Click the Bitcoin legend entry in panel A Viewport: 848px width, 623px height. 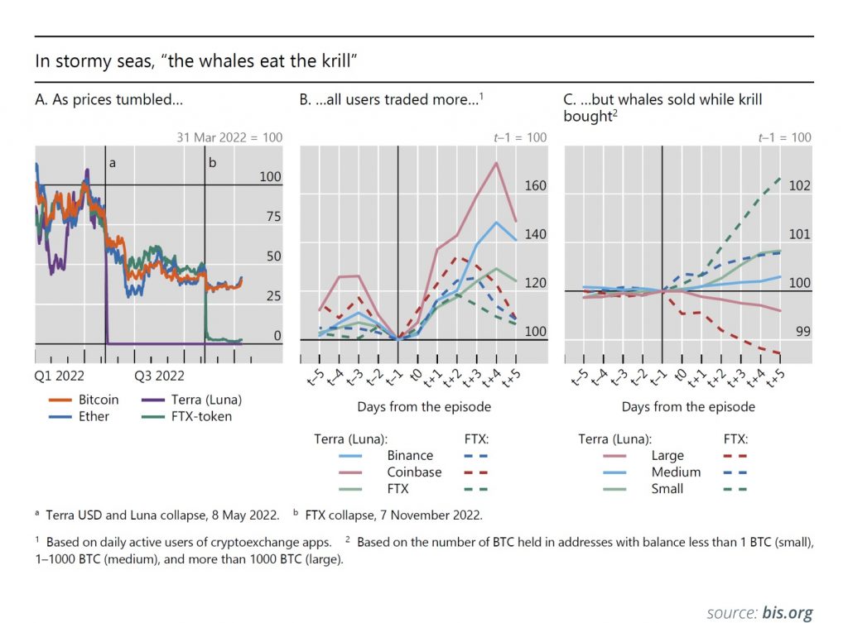coord(99,400)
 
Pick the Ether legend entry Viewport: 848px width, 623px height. coord(94,416)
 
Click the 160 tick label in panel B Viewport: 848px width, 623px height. coord(536,186)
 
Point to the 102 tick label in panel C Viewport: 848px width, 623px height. coord(799,186)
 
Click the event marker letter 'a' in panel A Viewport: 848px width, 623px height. coord(113,163)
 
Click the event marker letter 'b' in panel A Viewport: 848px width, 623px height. coord(212,163)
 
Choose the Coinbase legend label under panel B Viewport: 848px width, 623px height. coord(413,472)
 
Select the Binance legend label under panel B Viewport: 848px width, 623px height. coord(410,455)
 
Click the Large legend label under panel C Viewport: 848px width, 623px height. coord(667,455)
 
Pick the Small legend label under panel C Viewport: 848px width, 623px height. coord(667,488)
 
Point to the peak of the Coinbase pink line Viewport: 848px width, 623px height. coord(496,163)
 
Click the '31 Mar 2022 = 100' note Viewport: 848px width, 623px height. coord(229,137)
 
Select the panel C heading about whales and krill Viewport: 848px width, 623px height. coord(662,108)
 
